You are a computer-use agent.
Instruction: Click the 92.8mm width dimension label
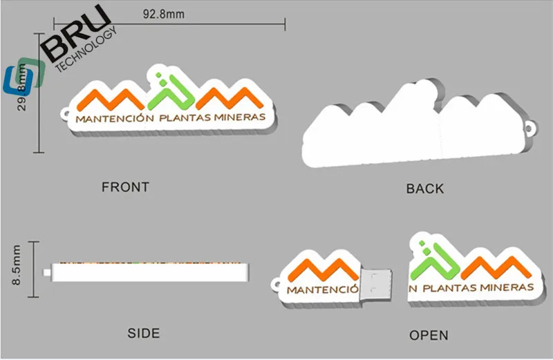coord(163,14)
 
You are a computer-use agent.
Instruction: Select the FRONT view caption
coord(125,187)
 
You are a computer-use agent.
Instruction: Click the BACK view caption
coord(425,188)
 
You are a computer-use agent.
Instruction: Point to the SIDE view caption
coord(144,333)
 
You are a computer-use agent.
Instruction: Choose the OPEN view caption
coord(429,335)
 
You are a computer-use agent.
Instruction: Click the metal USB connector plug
coord(376,283)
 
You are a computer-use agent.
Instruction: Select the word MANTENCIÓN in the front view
coord(114,119)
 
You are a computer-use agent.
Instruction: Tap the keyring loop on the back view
coord(532,127)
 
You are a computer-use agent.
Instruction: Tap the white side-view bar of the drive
coord(149,273)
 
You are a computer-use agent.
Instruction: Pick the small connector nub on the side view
coord(47,272)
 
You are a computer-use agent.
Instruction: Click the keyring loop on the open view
coord(278,282)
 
